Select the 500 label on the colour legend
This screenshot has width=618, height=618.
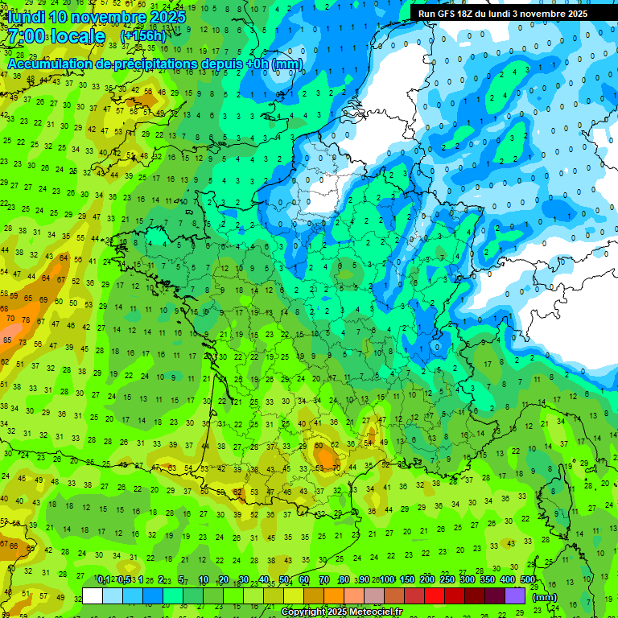click(527, 580)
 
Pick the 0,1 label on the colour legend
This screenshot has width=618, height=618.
click(103, 580)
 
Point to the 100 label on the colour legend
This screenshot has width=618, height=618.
click(386, 580)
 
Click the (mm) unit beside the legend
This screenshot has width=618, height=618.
click(545, 597)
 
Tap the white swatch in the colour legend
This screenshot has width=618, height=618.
click(93, 595)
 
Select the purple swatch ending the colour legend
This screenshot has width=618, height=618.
click(515, 595)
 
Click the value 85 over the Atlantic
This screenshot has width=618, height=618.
click(7, 340)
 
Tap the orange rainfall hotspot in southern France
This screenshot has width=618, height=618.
click(326, 456)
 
